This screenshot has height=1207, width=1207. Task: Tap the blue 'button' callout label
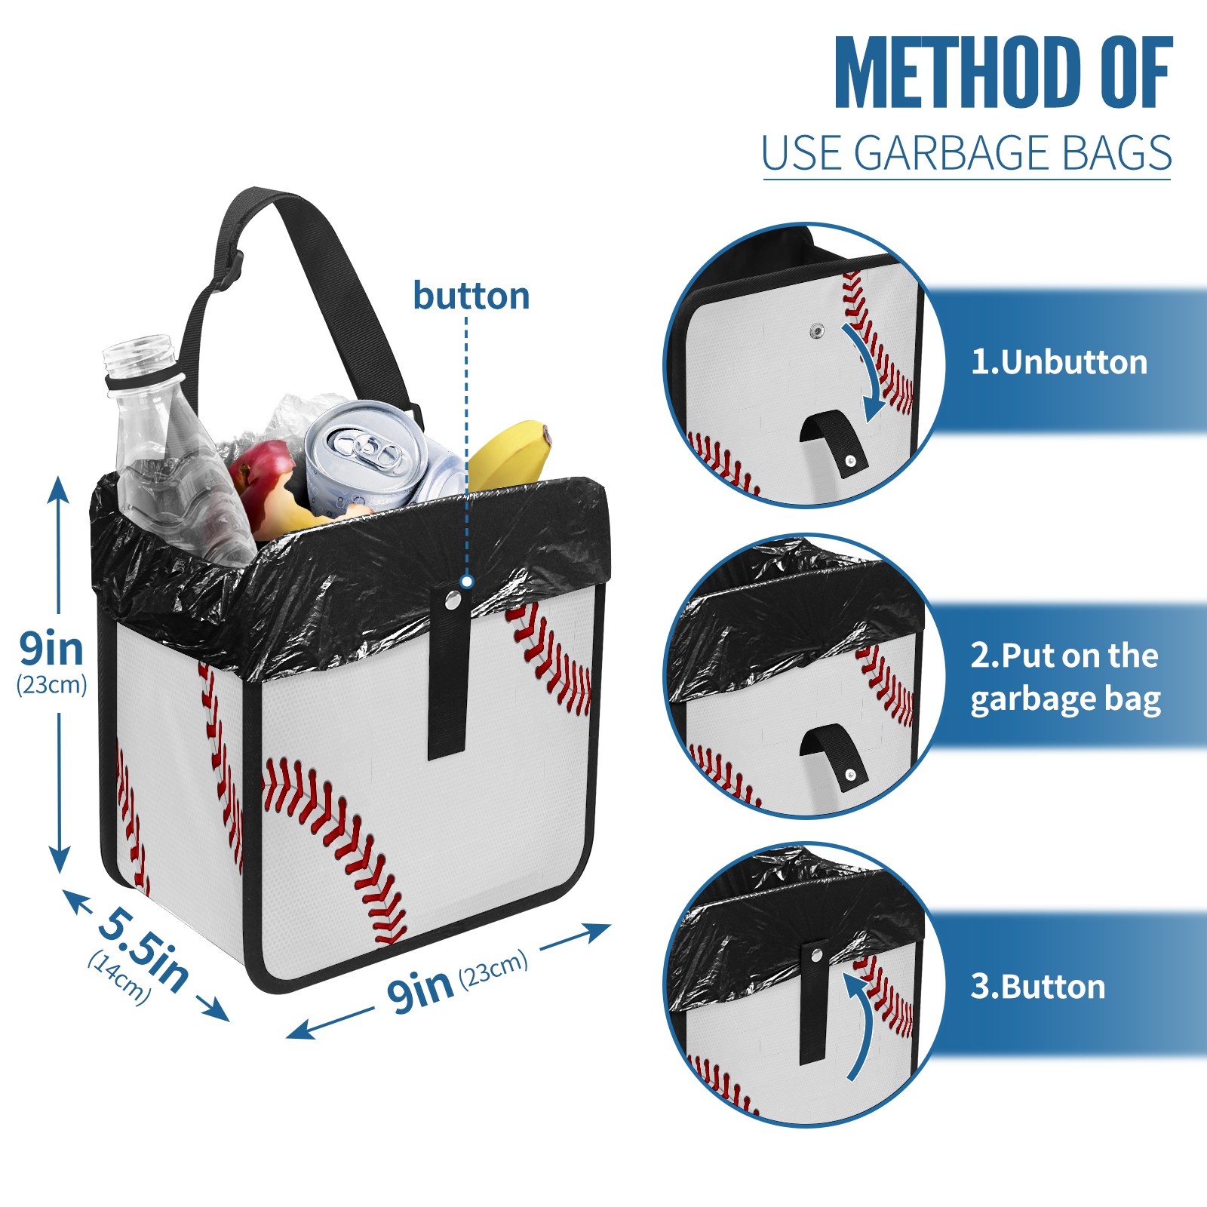pyautogui.click(x=471, y=296)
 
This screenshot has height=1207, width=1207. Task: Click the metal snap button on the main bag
pyautogui.click(x=453, y=600)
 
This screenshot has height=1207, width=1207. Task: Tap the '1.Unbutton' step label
pyautogui.click(x=1059, y=362)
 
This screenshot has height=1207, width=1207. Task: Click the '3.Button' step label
pyautogui.click(x=1038, y=987)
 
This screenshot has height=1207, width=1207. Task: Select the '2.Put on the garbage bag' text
pyautogui.click(x=1065, y=677)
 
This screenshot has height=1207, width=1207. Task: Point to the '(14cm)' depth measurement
pyautogui.click(x=119, y=977)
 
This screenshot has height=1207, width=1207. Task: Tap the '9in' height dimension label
pyautogui.click(x=51, y=648)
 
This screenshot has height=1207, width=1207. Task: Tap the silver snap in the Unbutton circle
pyautogui.click(x=816, y=330)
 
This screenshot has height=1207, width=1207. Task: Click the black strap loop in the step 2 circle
pyautogui.click(x=834, y=755)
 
